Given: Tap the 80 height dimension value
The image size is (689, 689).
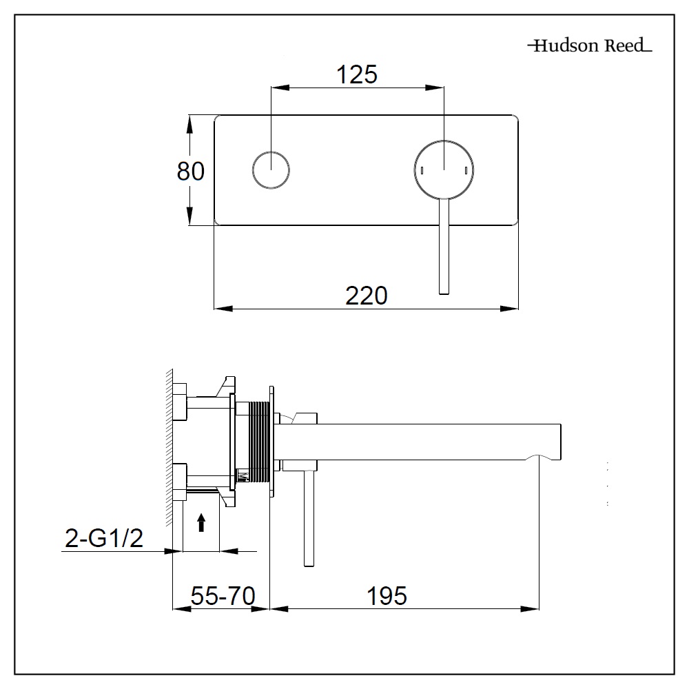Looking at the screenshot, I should [191, 170].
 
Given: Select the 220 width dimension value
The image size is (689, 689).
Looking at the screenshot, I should [366, 296].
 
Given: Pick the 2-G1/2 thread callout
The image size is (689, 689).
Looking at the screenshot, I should [104, 538].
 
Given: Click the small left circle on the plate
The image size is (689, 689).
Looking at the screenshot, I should [271, 169].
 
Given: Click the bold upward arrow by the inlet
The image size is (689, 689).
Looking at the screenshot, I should [201, 523].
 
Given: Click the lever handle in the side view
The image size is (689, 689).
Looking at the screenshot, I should [309, 517].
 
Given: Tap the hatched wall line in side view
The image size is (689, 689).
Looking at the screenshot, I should [167, 448].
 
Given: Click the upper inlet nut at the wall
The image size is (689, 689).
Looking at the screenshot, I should [179, 401].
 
